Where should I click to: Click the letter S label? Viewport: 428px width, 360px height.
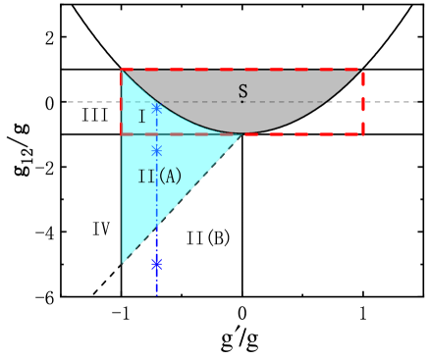coord(242,90)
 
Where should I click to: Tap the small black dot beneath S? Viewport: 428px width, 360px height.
coord(242,101)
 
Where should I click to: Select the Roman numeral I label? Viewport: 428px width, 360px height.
coord(141,117)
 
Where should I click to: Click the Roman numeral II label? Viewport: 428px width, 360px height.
coord(146,177)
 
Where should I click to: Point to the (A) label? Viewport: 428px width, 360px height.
coord(170,177)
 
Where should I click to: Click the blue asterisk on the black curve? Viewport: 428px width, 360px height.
coord(156,108)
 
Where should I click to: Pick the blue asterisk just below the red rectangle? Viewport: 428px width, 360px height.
coord(156,151)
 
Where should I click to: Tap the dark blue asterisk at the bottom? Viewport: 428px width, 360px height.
coord(156,263)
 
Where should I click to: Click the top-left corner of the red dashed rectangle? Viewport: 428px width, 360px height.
coord(122,70)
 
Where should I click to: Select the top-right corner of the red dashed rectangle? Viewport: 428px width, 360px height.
coord(362,70)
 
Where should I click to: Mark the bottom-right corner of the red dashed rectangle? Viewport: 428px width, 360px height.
coord(362,134)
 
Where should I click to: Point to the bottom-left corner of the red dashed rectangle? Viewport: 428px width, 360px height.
coord(122,134)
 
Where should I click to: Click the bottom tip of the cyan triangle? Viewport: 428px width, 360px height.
coord(122,263)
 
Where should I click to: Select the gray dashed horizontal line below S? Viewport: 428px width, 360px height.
coord(285,101)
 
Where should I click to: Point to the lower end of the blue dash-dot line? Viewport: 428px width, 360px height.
coord(156,293)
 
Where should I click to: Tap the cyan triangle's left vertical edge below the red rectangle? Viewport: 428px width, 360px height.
coord(122,196)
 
